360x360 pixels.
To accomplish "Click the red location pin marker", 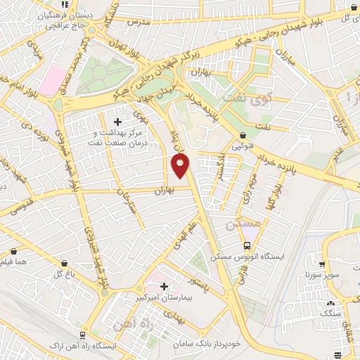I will pyautogui.click(x=181, y=165).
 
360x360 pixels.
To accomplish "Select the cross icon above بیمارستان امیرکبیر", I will pyautogui.click(x=164, y=287).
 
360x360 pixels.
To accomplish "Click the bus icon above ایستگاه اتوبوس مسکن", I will pyautogui.click(x=247, y=246).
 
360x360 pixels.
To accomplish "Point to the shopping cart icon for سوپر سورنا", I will pyautogui.click(x=322, y=266).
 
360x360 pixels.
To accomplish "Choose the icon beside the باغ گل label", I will pyautogui.click(x=65, y=263).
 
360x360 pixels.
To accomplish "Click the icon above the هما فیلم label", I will pyautogui.click(x=14, y=250).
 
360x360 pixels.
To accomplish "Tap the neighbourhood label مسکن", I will pyautogui.click(x=243, y=224).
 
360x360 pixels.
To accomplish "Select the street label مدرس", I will pyautogui.click(x=140, y=22).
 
